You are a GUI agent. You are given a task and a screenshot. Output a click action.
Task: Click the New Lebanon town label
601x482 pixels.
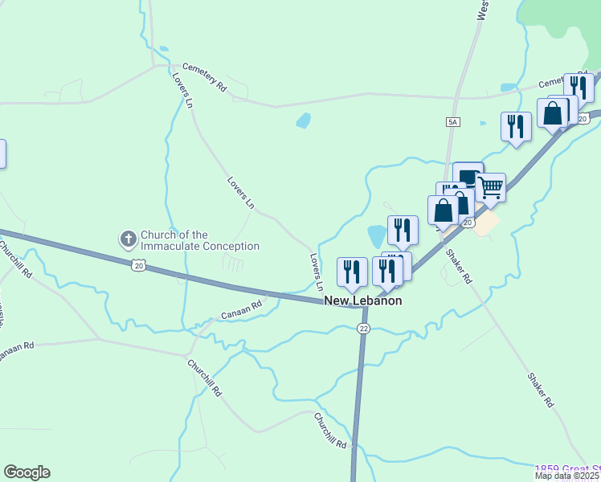point(362,300)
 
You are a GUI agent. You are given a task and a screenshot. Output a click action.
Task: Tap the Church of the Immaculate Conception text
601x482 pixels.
point(200,240)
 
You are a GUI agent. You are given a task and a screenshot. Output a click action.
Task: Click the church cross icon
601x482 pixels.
point(128,239)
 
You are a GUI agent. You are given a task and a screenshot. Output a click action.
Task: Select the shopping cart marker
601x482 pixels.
point(490,188)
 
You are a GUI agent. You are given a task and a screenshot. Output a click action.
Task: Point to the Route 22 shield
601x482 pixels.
point(363,328)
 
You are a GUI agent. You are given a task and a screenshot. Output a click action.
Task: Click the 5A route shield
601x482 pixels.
point(452,121)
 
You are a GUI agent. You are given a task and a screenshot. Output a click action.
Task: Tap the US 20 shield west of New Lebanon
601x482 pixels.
point(139,263)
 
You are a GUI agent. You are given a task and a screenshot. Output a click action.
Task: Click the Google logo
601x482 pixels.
point(27,472)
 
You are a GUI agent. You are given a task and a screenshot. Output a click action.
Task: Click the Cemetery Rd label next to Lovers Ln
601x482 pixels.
point(204,76)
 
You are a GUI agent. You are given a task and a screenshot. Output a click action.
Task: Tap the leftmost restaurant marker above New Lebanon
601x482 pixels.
point(352,272)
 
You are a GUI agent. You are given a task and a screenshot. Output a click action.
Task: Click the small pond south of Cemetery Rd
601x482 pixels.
point(303,121)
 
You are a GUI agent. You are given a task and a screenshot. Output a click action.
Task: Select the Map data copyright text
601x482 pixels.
point(567,476)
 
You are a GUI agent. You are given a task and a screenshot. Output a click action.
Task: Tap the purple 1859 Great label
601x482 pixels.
point(567,468)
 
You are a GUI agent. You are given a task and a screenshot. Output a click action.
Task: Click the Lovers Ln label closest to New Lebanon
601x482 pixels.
point(317,272)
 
